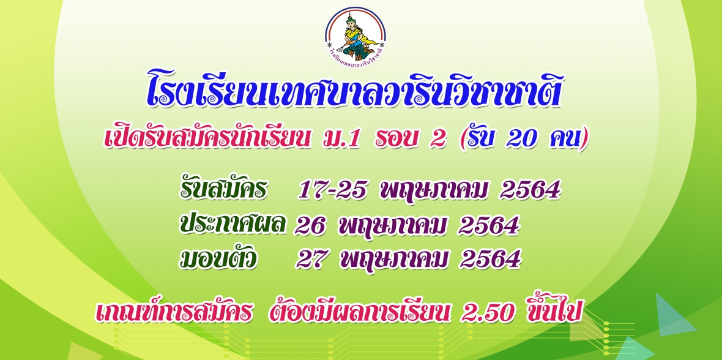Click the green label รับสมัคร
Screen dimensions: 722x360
223,189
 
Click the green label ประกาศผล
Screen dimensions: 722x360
233,224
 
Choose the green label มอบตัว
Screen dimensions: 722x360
218,258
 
